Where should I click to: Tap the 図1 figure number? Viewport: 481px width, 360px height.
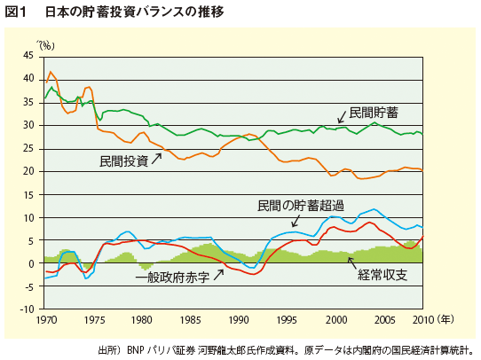18,12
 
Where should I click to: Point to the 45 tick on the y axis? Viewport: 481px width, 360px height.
28,55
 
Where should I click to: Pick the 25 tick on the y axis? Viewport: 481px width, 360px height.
28,148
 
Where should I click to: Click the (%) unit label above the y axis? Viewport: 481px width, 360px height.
45,43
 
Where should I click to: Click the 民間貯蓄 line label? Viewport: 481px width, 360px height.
373,113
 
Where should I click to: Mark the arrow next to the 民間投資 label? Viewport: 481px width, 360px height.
159,158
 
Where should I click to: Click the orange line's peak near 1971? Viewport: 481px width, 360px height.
51,72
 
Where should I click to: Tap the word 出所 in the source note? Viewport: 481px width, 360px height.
107,349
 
